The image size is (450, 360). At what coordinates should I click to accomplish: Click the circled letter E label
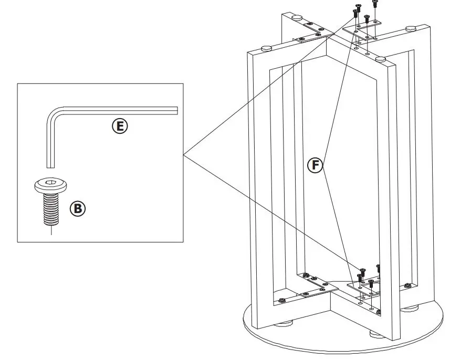pos(119,125)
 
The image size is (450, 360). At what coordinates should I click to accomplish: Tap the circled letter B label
pos(77,208)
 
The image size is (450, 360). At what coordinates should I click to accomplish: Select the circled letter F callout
pos(315,165)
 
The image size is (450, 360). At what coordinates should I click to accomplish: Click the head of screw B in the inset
pos(50,185)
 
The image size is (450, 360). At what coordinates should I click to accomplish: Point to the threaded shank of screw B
pos(50,207)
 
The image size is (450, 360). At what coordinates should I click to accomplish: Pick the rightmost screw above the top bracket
pos(374,4)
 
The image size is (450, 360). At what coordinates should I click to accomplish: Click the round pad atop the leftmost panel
pos(266,48)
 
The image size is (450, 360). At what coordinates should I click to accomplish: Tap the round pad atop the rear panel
pos(297,17)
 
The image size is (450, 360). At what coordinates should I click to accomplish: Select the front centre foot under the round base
pos(376,333)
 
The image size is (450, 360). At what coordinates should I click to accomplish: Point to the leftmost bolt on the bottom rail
pos(282,300)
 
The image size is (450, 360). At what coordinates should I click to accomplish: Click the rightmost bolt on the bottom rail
pos(407,285)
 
